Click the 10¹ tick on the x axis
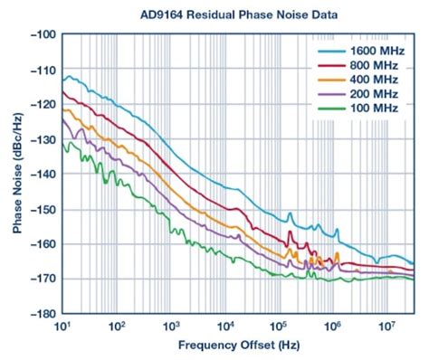[x=62, y=325]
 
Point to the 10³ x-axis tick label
[x=170, y=325]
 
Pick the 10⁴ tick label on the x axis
[x=224, y=325]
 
